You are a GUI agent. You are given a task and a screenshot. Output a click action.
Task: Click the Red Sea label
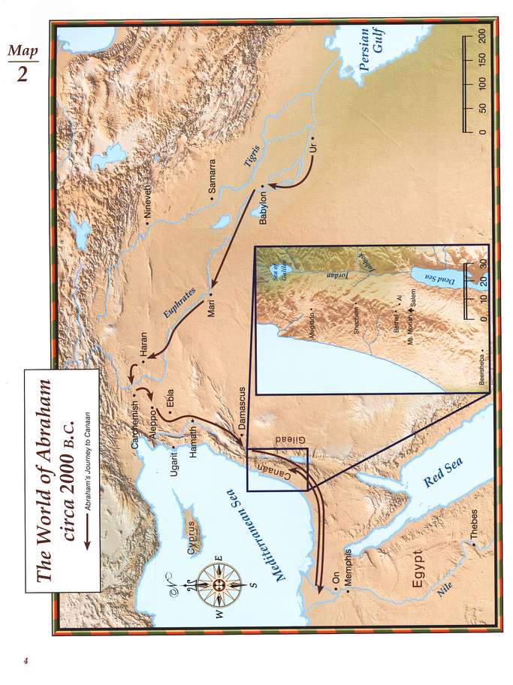(433, 475)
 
